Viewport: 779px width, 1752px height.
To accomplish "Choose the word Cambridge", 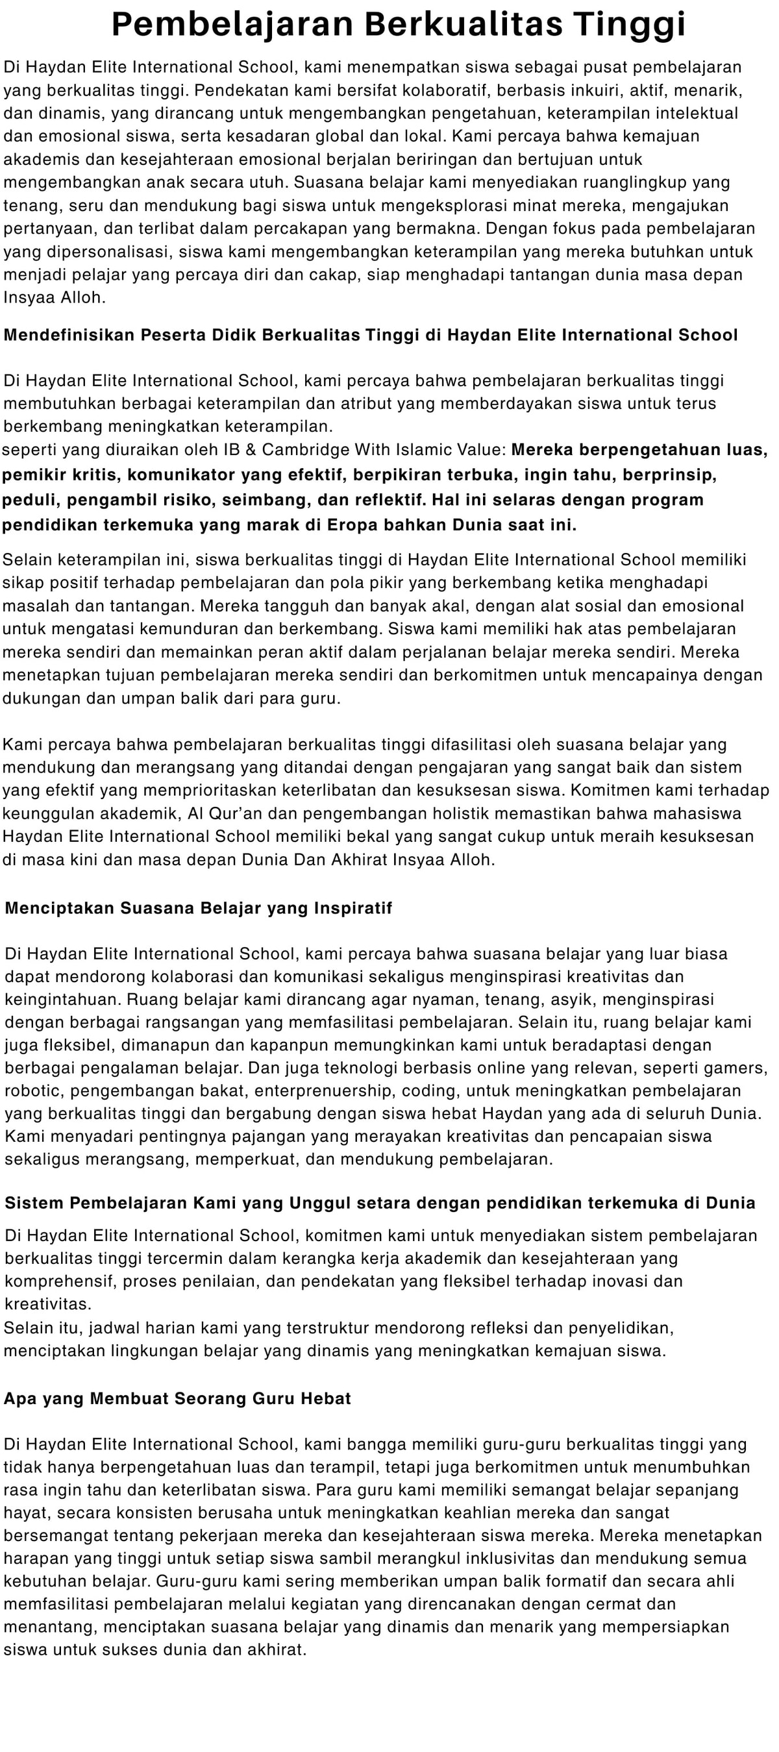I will [299, 450].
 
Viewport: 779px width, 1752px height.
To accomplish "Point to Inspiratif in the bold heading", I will [353, 909].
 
